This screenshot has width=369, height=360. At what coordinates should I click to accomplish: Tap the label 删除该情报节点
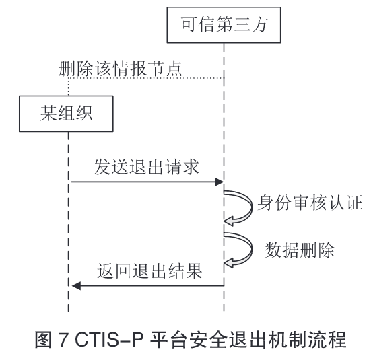(121, 69)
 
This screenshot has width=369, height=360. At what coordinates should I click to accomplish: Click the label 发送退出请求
(147, 167)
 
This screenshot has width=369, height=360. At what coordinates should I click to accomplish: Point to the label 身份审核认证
(310, 203)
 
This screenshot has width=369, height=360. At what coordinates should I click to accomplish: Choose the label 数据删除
(300, 250)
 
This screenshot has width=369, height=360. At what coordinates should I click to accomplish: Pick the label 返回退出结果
(149, 271)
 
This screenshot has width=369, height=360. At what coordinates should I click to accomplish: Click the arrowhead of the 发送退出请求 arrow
(219, 182)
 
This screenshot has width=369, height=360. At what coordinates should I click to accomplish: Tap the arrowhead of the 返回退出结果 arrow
(76, 286)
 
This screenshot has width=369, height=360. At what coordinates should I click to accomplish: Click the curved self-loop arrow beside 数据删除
(251, 249)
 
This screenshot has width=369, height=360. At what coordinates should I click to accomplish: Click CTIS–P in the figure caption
(109, 339)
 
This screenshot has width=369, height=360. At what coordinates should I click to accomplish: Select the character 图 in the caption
(43, 339)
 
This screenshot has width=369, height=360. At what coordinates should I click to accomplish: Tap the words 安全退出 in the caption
(221, 339)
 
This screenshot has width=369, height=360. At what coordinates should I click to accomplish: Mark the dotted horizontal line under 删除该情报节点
(146, 78)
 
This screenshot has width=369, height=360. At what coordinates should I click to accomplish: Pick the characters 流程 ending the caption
(329, 339)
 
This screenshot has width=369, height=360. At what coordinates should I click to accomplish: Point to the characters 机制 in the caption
(275, 339)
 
